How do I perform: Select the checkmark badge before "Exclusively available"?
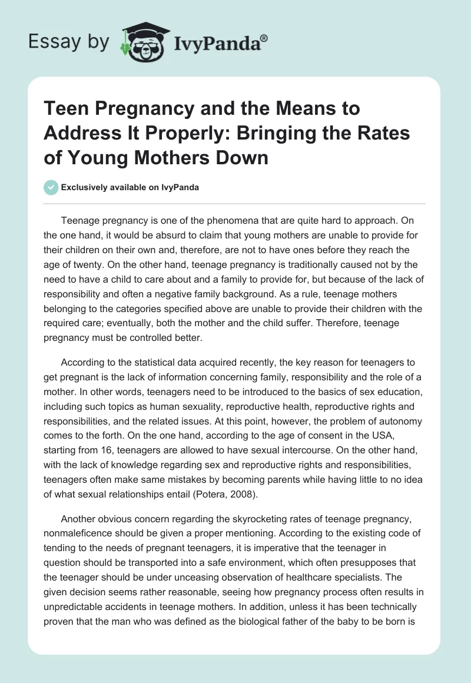click(51, 187)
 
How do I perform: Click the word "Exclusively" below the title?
click(83, 187)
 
